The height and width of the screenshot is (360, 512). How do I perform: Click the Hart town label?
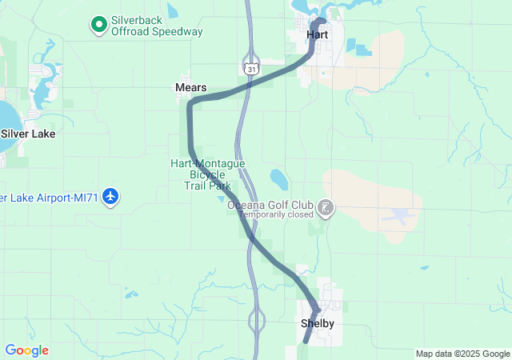pos(318,35)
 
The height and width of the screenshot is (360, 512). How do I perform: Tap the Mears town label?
pos(190,87)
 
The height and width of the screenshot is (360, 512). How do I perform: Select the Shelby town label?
pos(317,323)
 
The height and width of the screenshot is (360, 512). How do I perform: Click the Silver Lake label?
pos(28,134)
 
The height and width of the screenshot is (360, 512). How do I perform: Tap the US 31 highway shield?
pos(252,70)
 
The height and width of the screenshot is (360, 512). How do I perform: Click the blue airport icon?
pos(111,197)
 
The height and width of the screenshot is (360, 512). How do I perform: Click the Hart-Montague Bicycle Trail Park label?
pos(207,174)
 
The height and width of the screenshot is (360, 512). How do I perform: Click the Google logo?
pos(26,350)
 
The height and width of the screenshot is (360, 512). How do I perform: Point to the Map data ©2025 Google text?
pos(462,354)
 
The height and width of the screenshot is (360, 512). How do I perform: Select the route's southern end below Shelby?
pos(305,342)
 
